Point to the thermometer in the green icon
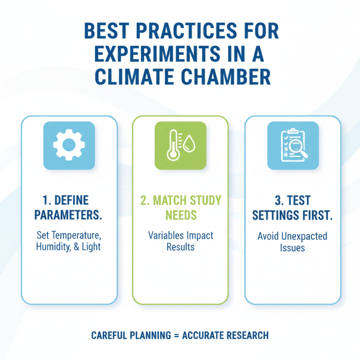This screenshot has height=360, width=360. click(x=172, y=144)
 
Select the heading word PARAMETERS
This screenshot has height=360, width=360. click(x=69, y=215)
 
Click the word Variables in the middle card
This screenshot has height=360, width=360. click(x=165, y=235)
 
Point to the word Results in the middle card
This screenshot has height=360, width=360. click(x=180, y=247)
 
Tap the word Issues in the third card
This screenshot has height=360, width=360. click(x=292, y=247)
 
